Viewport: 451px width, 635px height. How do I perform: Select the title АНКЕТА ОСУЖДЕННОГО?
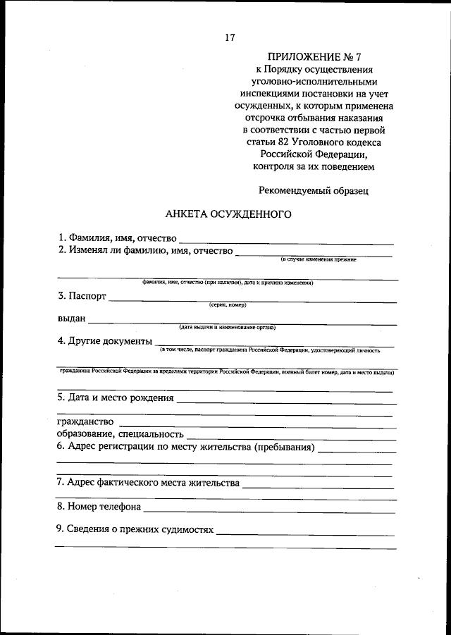point(228,213)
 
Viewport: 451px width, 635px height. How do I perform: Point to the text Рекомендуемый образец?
point(314,190)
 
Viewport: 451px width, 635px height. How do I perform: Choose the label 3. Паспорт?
point(82,296)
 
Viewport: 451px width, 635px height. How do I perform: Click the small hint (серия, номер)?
point(227,305)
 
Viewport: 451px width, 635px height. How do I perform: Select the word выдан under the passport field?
point(71,319)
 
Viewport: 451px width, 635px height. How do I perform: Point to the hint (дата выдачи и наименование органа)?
point(227,328)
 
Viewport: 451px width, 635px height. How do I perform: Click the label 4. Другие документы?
point(105,341)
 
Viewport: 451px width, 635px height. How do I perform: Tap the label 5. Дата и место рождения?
point(116,397)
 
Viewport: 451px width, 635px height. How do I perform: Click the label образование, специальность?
point(121,434)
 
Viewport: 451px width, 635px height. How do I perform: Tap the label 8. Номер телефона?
point(99,506)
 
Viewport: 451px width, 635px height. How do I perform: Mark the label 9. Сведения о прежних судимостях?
point(135,529)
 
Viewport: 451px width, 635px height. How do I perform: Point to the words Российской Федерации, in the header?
point(314,155)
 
